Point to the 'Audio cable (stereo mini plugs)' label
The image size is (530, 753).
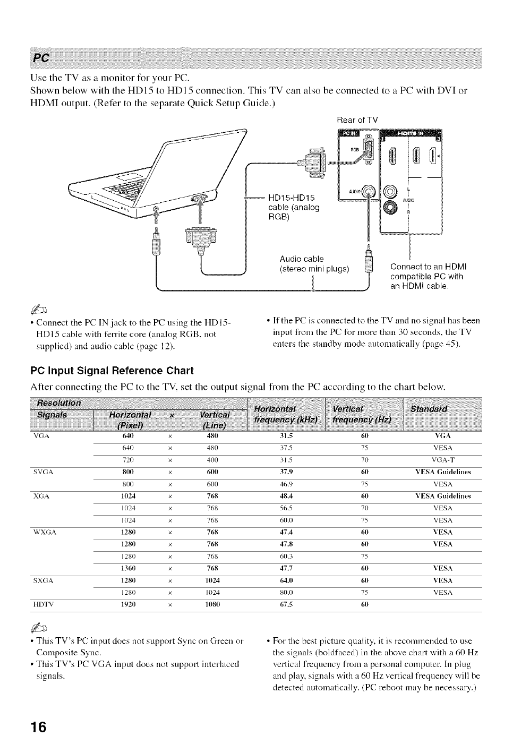tap(314, 263)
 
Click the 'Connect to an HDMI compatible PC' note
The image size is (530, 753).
tap(426, 276)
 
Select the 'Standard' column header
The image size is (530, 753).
tap(443, 409)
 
